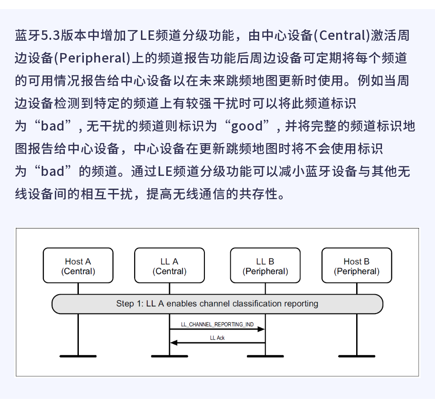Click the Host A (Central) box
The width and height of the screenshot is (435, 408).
tap(78, 266)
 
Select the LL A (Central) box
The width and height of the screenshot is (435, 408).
tap(169, 266)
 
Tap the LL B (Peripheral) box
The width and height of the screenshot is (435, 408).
tap(265, 266)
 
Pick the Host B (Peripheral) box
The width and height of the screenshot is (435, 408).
tap(357, 266)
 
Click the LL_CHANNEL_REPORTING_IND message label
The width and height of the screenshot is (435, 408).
tap(217, 325)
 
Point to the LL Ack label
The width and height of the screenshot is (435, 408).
tap(217, 338)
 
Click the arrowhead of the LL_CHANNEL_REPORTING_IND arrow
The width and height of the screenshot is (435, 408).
tap(261, 330)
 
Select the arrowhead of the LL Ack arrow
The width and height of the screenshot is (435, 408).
tap(174, 343)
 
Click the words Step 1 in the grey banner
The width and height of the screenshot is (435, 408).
tap(129, 304)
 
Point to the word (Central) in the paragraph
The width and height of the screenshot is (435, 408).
tap(342, 35)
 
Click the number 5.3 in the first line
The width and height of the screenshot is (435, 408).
tap(50, 35)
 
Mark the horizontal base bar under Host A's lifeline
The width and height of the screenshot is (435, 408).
tap(78, 356)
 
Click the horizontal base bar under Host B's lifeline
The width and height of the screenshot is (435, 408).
tap(357, 356)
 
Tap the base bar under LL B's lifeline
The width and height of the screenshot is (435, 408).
tap(265, 356)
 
